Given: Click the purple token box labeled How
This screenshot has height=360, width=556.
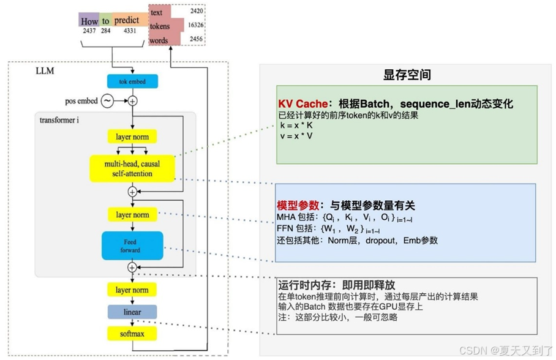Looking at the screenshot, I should click(89, 20).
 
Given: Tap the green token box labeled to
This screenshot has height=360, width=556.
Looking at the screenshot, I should click(106, 20).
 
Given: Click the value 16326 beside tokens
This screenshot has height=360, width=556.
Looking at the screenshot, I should click(195, 26).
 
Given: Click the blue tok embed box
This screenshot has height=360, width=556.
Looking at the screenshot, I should click(132, 81).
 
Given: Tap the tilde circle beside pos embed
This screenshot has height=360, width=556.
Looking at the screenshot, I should click(107, 100).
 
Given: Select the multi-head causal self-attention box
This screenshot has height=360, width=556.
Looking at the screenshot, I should click(132, 169).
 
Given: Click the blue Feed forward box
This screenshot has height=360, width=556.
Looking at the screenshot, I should click(132, 246).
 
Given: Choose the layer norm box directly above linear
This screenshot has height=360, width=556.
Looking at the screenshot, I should click(132, 290).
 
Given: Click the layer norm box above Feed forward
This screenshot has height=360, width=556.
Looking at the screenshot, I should click(132, 215).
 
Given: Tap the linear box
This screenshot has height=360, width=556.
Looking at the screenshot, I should click(132, 312).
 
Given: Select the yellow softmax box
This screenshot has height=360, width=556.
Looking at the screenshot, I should click(132, 334).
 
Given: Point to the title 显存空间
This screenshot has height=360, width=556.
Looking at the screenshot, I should click(407, 75).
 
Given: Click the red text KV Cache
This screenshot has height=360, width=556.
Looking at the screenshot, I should click(302, 104).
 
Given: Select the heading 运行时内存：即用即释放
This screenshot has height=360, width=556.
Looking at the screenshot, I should click(336, 285).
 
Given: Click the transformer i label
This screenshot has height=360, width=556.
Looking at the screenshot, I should click(60, 120).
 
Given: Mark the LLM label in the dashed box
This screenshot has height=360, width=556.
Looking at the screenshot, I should click(45, 71).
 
